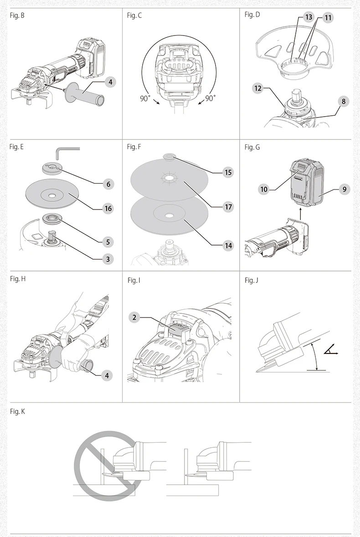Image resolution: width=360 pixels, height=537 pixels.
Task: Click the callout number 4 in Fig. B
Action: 110,82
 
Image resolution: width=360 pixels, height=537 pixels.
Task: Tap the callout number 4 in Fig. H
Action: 107,376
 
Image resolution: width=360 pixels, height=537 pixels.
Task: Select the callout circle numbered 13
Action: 309,17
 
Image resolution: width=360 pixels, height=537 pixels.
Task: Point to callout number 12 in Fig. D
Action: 258,88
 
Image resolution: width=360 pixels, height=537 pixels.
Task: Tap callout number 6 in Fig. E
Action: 108,184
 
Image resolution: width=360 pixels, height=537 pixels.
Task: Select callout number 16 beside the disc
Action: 108,209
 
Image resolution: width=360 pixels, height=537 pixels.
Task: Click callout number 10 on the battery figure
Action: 264,189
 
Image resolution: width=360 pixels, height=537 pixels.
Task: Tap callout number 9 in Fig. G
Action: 344,189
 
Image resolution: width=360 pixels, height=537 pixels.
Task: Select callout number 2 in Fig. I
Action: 134,317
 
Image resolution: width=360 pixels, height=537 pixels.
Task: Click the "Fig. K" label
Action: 17,411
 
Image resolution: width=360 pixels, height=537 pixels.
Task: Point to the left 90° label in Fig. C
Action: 145,98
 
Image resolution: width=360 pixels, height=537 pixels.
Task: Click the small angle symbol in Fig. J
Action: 330,350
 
